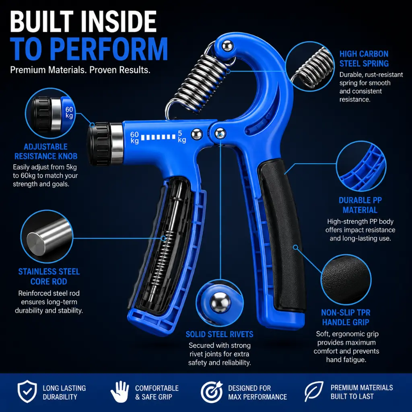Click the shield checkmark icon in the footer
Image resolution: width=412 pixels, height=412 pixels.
click(27, 391)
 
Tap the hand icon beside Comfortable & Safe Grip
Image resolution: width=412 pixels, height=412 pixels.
click(120, 391)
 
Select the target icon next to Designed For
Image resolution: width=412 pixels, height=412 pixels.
click(212, 392)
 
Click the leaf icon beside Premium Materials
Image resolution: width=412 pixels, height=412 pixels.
click(314, 391)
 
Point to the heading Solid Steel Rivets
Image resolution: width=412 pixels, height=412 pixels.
click(219, 334)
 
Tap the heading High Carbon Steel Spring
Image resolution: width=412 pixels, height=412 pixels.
click(364, 59)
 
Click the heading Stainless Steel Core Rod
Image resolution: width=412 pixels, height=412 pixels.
click(49, 276)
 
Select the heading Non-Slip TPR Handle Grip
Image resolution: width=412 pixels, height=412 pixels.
click(346, 317)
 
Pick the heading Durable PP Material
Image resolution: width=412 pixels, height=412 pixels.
click(360, 205)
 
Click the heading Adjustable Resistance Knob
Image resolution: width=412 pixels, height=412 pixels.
click(46, 151)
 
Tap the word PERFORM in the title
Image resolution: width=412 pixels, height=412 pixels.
click(109, 49)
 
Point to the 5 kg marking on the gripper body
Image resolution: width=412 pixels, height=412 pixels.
click(182, 137)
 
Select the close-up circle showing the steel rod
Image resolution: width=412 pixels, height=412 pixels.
click(47, 236)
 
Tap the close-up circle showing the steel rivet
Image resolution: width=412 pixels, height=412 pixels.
click(220, 303)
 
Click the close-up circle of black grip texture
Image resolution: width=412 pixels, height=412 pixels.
click(346, 280)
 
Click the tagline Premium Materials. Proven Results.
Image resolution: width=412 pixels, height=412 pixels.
click(80, 70)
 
